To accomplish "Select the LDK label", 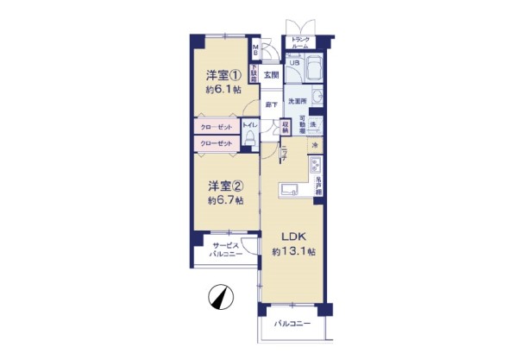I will (x=290, y=236).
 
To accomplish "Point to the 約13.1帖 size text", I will (x=293, y=251).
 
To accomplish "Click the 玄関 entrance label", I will (x=270, y=75).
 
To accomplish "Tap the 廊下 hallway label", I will (x=271, y=104).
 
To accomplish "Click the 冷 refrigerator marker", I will (x=316, y=146).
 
